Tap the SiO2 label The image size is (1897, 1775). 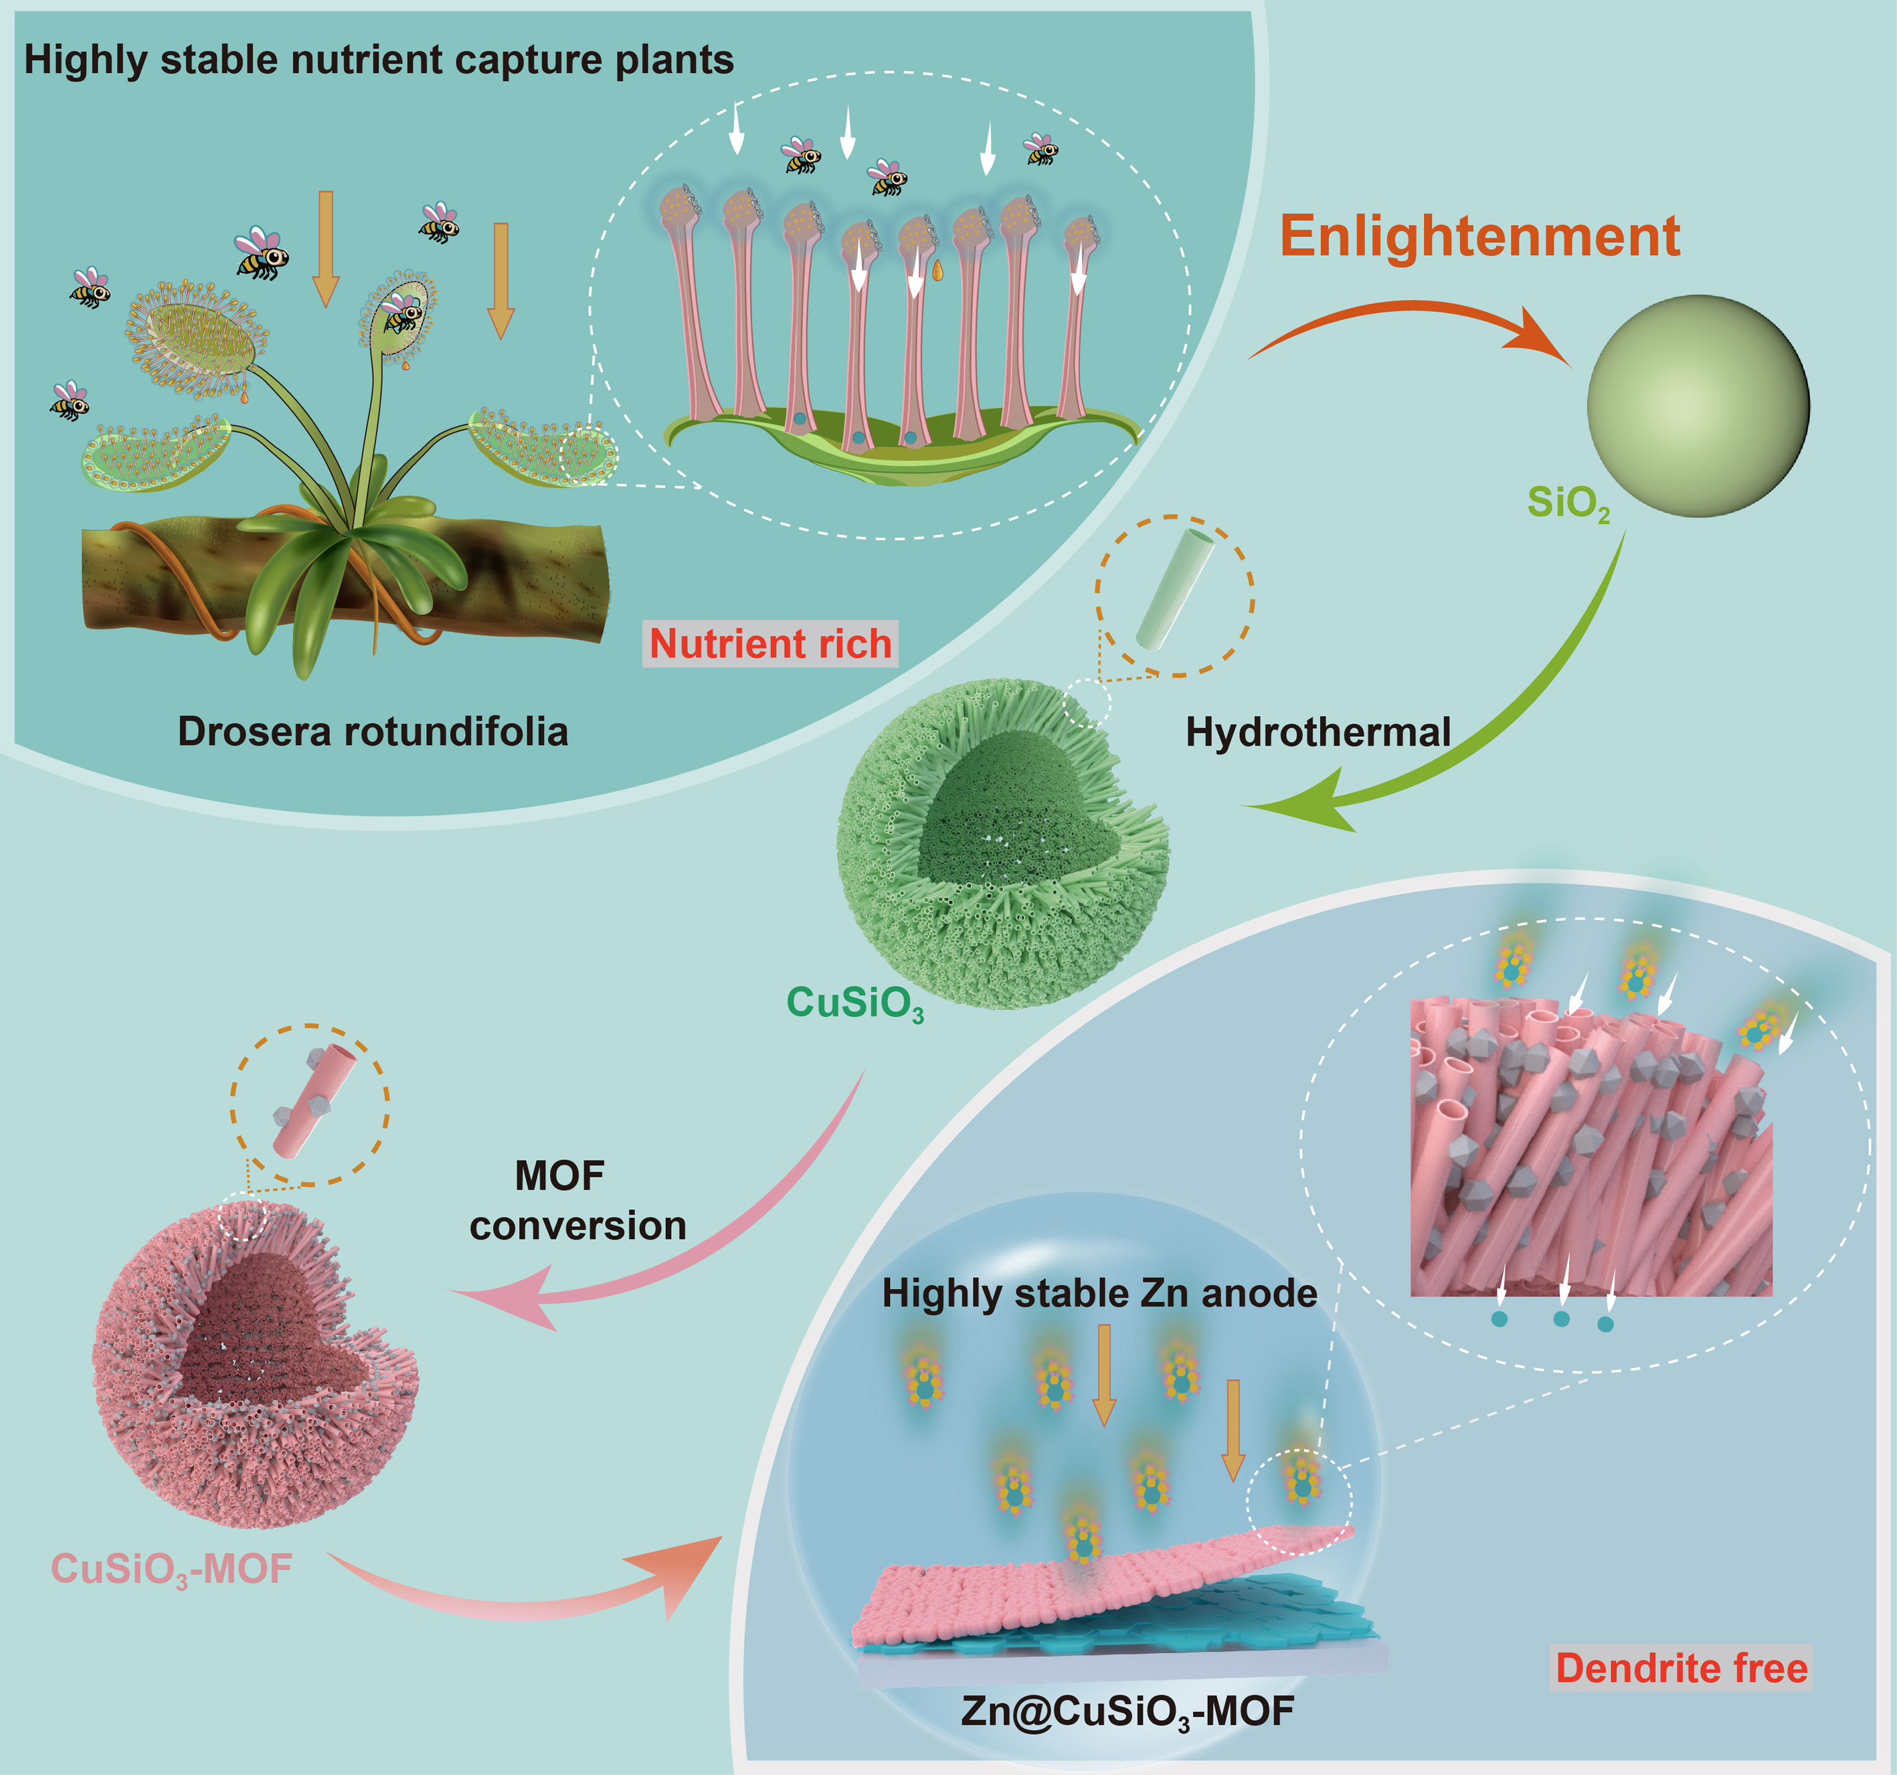pos(1568,503)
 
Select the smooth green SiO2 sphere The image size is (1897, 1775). pos(1698,406)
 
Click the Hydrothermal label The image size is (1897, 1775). pos(1318,732)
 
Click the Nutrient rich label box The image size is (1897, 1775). pos(770,643)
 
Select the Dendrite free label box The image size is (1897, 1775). pos(1682,1668)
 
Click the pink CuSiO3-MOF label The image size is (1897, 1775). pos(172,1569)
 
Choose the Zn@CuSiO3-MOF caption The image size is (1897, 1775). pos(1127,1710)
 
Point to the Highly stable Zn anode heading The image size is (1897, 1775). pos(1099,1293)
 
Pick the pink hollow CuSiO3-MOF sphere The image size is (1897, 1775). pos(253,1365)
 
